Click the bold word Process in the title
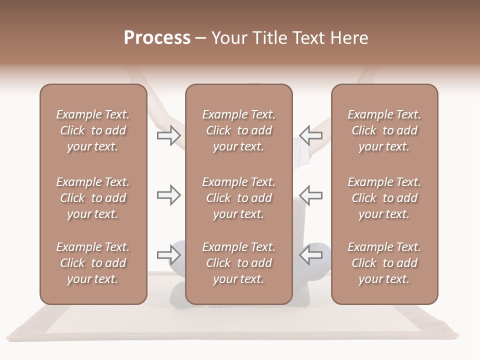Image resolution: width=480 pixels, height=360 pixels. pos(157,38)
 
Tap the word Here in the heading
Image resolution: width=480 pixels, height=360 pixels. pos(349,38)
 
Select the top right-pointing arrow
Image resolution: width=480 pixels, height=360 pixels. pos(168,135)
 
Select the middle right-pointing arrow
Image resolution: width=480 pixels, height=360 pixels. pos(168,195)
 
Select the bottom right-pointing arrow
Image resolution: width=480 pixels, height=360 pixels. pos(168,255)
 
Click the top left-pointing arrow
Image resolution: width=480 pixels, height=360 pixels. pos(311,135)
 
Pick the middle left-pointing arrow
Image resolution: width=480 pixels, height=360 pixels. pos(311,195)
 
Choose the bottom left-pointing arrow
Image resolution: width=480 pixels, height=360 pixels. pos(311,255)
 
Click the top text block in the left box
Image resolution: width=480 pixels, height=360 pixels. pos(93,130)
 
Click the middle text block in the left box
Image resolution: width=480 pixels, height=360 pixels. pos(93,198)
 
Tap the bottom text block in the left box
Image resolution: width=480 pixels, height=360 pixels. pos(93,263)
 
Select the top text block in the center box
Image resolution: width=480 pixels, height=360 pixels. pos(238,130)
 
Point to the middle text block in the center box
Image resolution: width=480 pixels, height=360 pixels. pos(238,198)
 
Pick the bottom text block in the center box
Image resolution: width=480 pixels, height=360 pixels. pos(238,263)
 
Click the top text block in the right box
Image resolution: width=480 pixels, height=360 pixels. pos(384,130)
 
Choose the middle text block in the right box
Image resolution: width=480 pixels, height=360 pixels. pos(384,198)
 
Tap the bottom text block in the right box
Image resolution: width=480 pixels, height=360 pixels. pos(384,263)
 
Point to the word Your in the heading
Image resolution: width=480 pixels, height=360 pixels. pos(229,38)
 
